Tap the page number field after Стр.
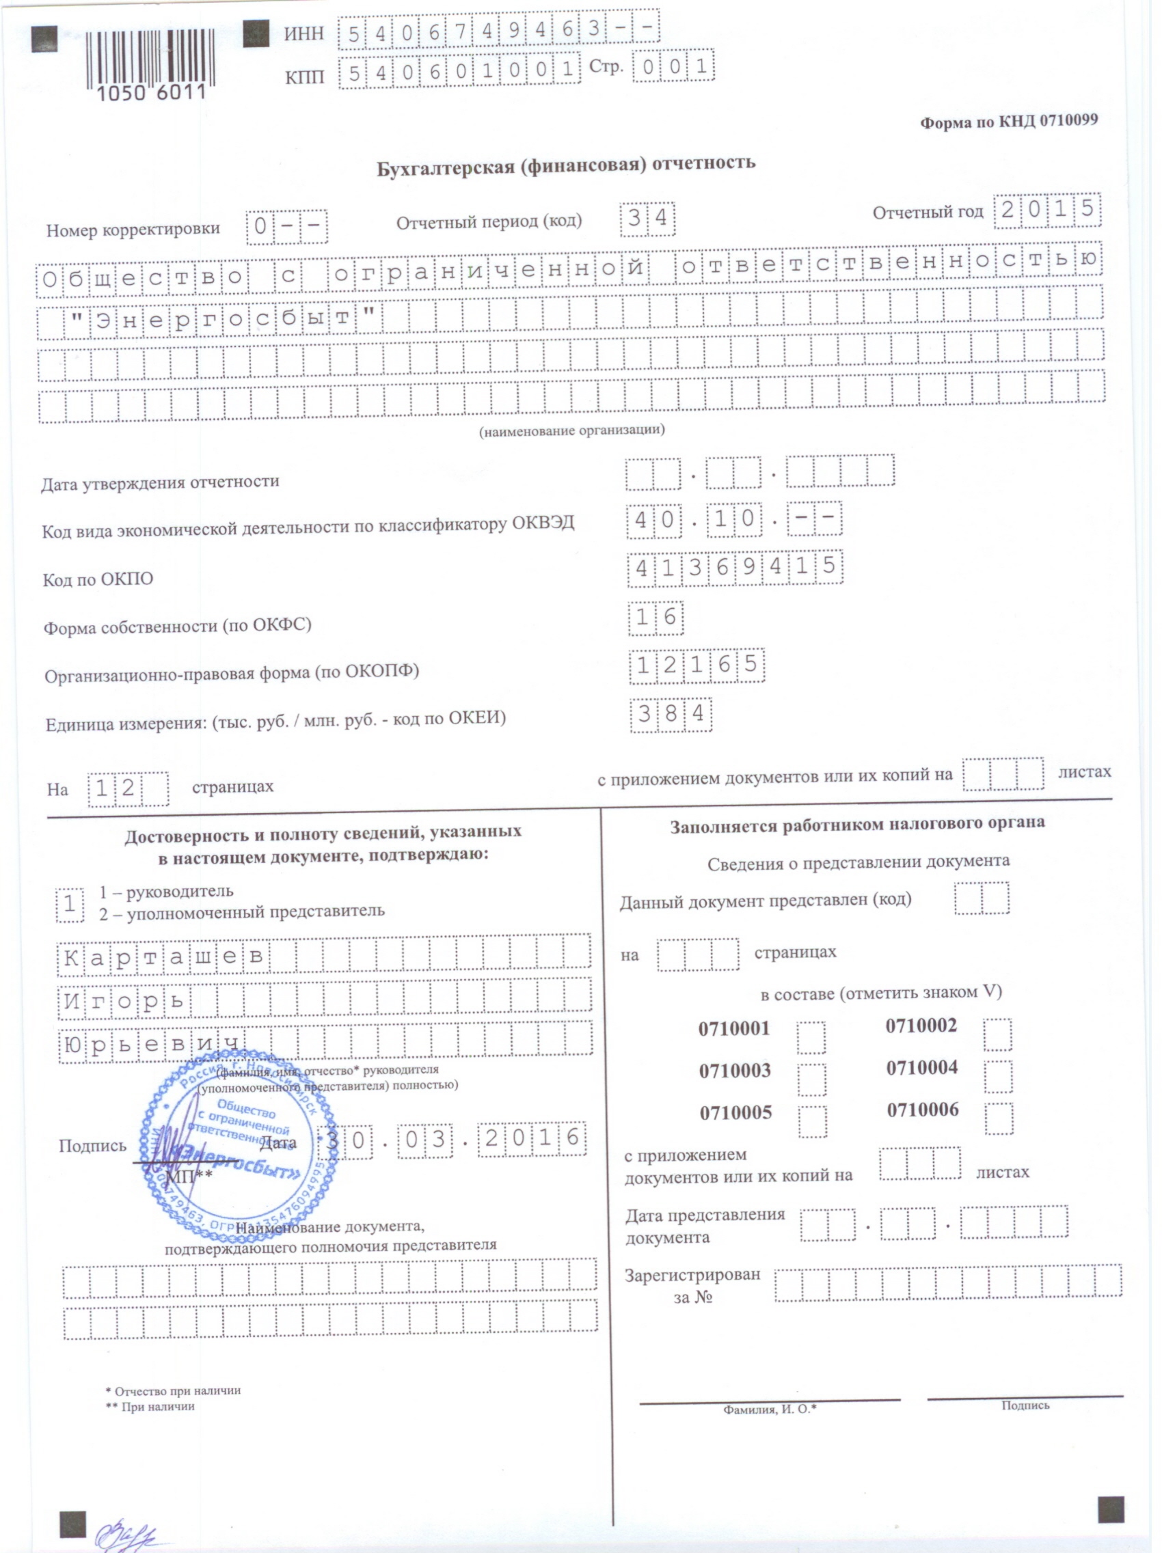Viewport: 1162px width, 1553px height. point(673,68)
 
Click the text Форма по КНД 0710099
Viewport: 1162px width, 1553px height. point(1008,122)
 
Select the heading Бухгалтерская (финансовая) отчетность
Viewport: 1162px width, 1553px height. point(565,167)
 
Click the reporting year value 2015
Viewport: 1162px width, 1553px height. point(1046,210)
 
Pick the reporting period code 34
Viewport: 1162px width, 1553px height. point(647,219)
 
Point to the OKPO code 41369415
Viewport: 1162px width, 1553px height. point(734,566)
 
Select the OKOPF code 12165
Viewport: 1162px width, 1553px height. point(696,664)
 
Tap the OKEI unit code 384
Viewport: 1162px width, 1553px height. point(671,714)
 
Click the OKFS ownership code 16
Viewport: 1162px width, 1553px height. point(656,617)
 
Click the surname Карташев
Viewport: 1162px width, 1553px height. point(165,957)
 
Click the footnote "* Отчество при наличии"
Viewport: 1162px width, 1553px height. point(173,1391)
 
